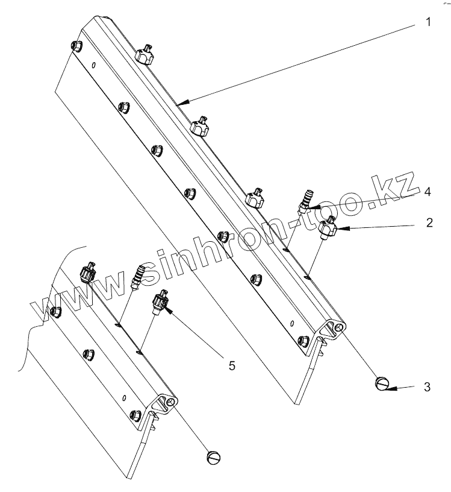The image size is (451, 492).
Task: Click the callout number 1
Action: [428, 24]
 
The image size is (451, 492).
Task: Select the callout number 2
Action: [428, 222]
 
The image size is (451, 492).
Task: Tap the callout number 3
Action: [427, 386]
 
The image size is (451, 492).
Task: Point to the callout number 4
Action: [428, 192]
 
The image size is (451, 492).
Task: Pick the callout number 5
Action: [232, 365]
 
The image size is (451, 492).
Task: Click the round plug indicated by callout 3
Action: [382, 384]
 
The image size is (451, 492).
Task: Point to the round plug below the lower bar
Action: [214, 458]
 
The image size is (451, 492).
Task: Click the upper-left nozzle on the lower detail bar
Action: [89, 273]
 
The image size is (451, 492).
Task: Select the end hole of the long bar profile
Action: [340, 327]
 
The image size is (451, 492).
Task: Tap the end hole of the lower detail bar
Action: [172, 401]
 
